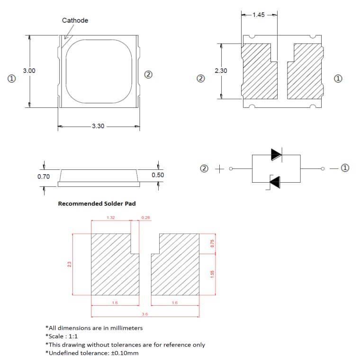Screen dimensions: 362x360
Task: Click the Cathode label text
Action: coord(75,20)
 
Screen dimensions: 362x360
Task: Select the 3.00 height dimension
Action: coord(29,71)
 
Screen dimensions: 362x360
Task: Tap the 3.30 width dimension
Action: coord(98,126)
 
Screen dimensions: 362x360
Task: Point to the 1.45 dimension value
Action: coord(259,15)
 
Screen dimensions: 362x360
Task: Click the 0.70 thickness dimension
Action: coord(44,177)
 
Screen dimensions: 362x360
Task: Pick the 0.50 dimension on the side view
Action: coord(158,175)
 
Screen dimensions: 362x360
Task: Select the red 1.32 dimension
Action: coord(110,218)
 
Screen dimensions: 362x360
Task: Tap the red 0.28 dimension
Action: coord(145,218)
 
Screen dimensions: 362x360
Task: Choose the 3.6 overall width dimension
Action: coord(144,314)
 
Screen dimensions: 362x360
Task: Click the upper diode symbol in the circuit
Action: coord(276,154)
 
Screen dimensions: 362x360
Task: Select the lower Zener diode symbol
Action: coord(275,181)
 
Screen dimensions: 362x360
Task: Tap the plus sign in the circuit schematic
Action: coord(219,168)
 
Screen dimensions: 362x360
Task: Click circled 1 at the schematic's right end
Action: coord(345,168)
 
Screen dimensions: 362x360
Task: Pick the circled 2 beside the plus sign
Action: coord(204,168)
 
